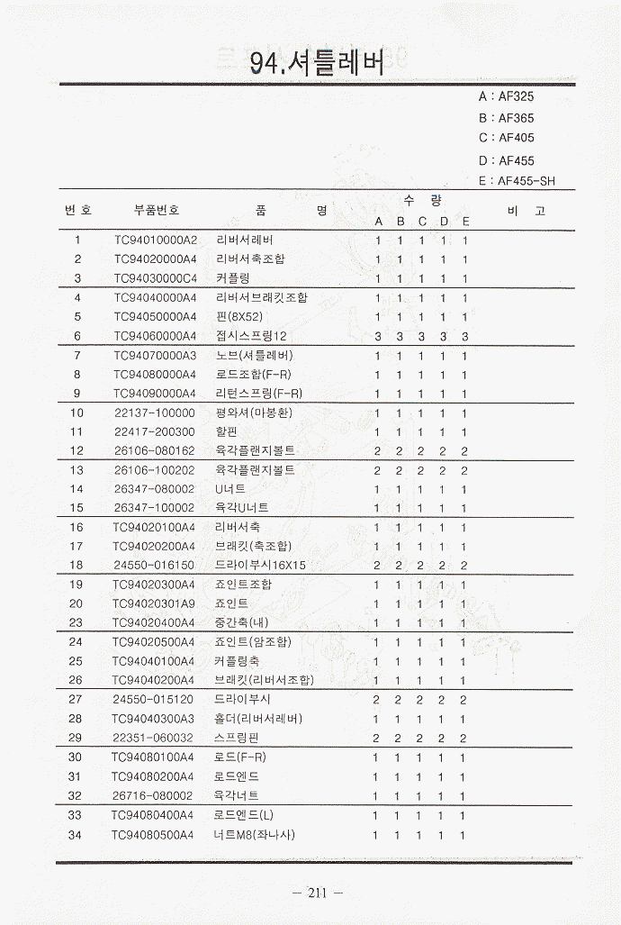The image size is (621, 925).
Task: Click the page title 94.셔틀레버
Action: pos(317,62)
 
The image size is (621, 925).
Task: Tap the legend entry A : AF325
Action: pos(507,96)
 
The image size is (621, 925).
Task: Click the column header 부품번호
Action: pos(157,210)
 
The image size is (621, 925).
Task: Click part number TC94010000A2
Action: pos(155,240)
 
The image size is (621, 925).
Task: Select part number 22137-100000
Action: pos(155,413)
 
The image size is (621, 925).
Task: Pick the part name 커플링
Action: pos(233,278)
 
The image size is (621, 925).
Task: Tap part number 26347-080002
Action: pos(154,489)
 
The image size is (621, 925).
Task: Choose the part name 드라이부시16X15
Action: pos(261,566)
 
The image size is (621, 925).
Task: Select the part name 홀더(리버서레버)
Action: pos(258,719)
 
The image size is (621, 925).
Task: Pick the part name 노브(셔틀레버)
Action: pos(255,355)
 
